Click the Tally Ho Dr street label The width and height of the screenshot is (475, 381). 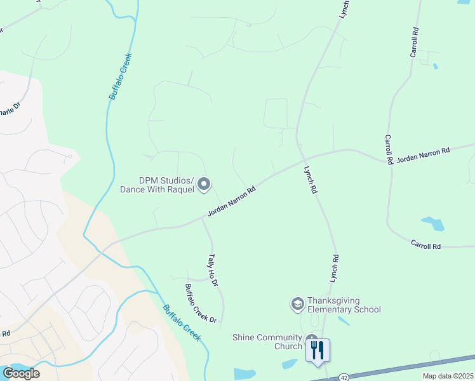tap(213, 270)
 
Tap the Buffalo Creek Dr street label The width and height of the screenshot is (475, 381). tap(201, 302)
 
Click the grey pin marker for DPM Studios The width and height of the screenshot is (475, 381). tap(204, 184)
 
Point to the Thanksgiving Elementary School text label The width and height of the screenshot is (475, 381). tap(344, 305)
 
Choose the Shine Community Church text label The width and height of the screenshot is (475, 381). tap(267, 342)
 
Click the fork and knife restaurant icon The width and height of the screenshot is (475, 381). tap(318, 349)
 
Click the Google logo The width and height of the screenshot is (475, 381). tap(21, 373)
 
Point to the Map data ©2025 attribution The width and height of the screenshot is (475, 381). tap(448, 376)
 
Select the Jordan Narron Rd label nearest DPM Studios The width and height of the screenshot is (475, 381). tap(232, 201)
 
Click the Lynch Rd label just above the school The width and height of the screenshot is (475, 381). tap(334, 268)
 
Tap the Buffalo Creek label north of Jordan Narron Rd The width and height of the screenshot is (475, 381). tap(120, 79)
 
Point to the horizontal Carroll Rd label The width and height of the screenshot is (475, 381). tap(425, 244)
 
